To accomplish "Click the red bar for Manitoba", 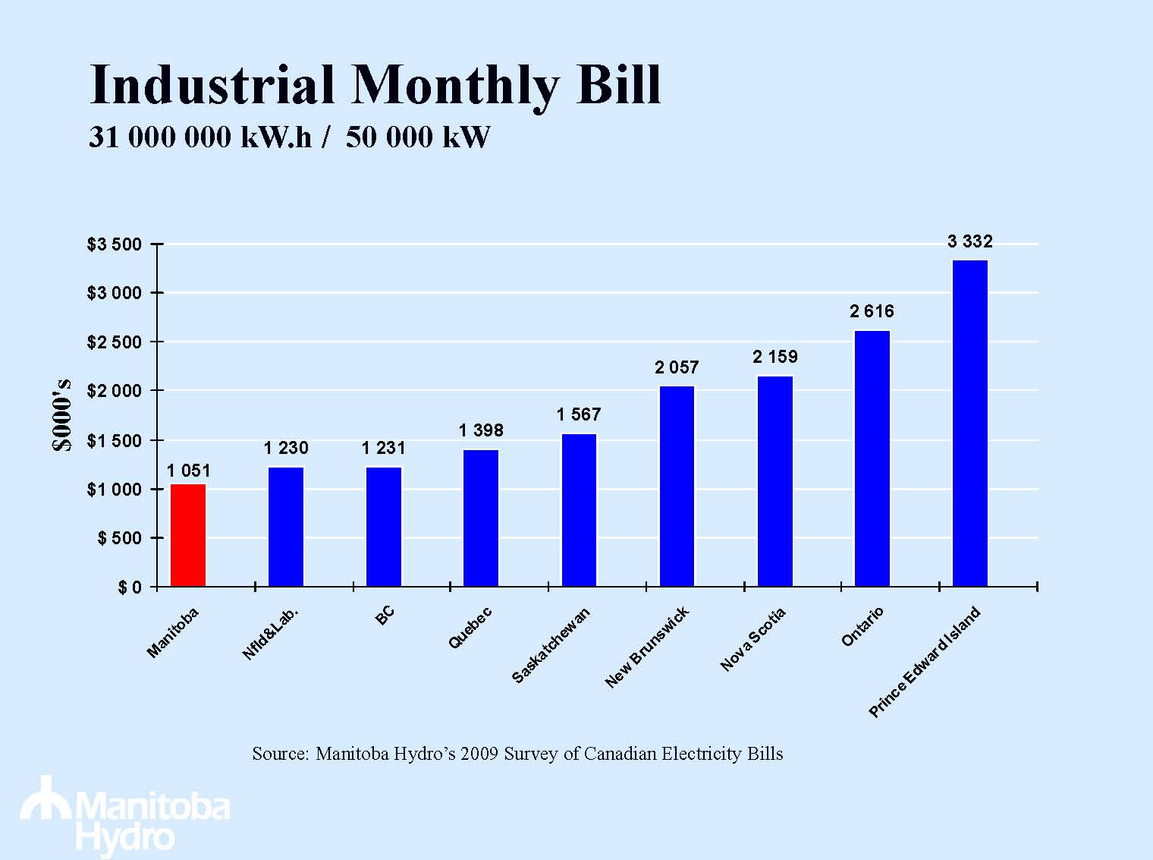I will [x=188, y=535].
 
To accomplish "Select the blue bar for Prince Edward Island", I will [x=970, y=424].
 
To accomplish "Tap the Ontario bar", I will [x=872, y=458].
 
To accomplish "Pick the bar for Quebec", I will [x=481, y=518].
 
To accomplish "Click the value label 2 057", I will [x=677, y=368].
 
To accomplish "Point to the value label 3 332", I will [x=970, y=242].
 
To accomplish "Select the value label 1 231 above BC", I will [x=384, y=449].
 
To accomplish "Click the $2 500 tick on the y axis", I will [x=114, y=342].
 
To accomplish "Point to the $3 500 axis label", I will [x=114, y=245].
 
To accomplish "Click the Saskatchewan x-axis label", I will [x=551, y=646].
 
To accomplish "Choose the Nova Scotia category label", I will [x=752, y=640].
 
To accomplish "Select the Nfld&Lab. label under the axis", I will [x=271, y=633].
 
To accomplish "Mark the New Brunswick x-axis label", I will [x=647, y=647].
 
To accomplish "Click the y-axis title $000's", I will [x=64, y=414].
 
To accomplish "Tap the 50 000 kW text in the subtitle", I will [x=418, y=137].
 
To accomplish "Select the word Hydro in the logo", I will [x=125, y=838].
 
